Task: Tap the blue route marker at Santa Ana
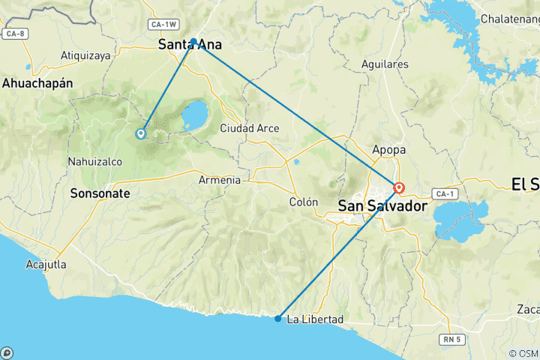click(193, 41)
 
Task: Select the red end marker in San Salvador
click(399, 188)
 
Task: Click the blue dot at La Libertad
click(278, 319)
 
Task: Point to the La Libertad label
click(315, 319)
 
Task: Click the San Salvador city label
click(382, 205)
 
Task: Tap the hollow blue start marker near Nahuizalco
click(140, 134)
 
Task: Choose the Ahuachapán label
click(37, 83)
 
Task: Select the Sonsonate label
click(100, 193)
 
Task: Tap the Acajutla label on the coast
click(46, 265)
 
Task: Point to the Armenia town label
click(220, 180)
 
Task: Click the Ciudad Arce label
click(249, 128)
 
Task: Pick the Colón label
click(304, 202)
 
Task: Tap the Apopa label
click(388, 149)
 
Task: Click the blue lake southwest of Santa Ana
click(196, 115)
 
